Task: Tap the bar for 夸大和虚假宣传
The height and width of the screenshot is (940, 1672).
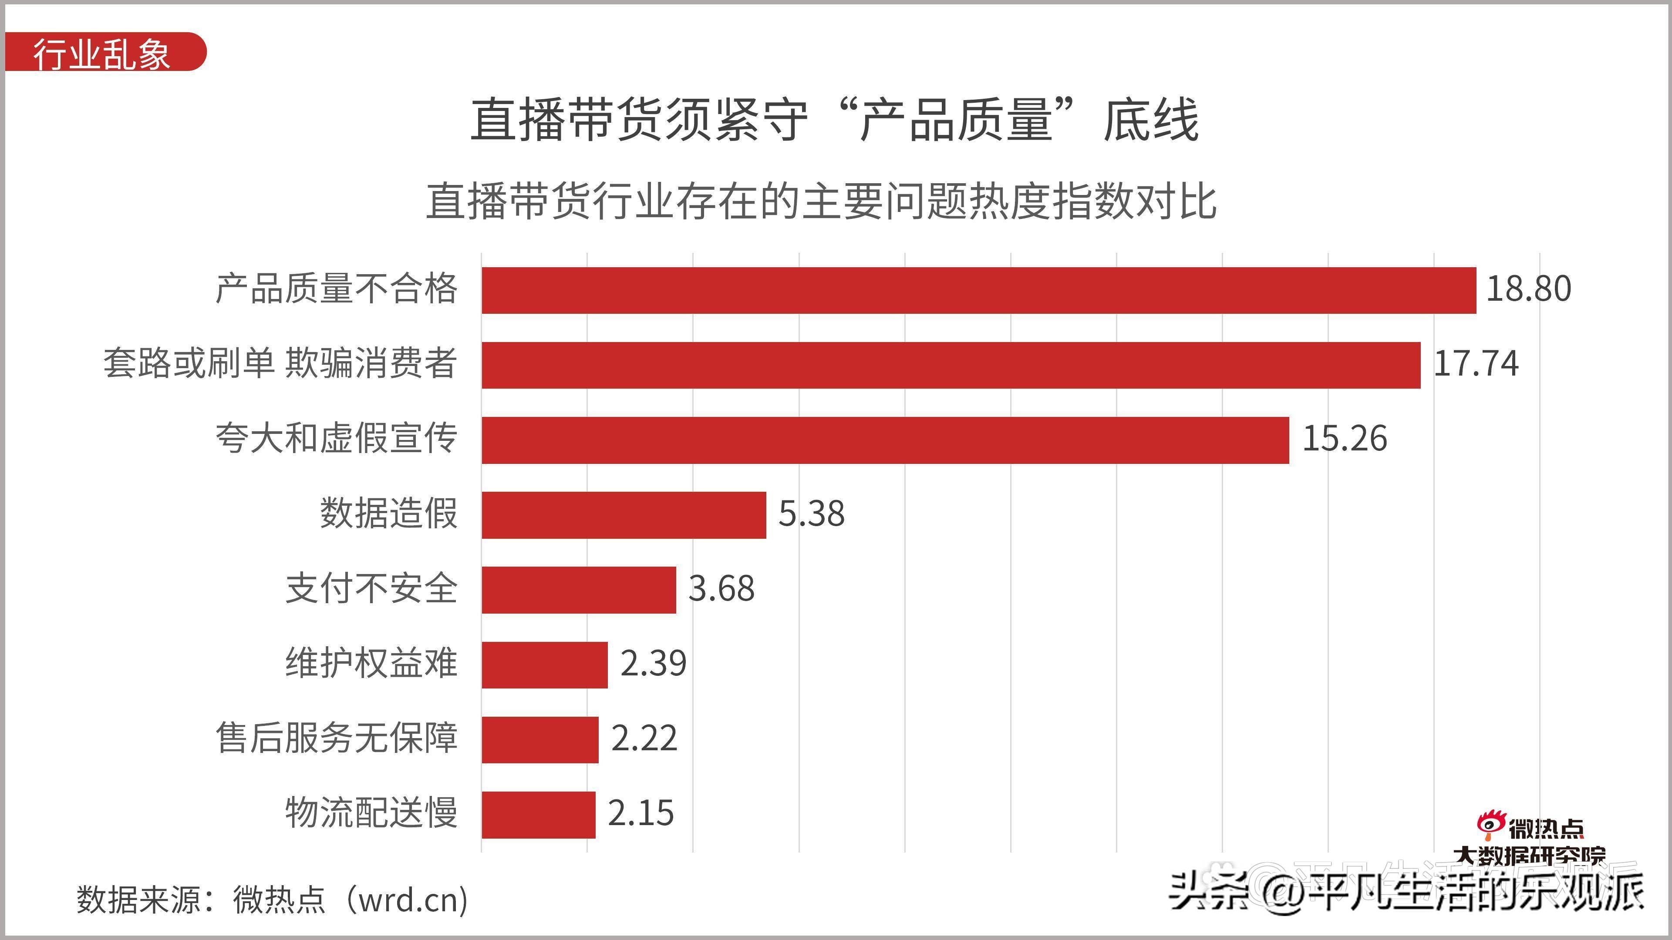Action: pos(885,440)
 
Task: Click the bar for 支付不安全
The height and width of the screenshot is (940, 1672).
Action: pos(578,590)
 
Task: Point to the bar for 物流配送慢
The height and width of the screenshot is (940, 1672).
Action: pos(538,815)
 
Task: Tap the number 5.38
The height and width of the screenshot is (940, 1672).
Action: pos(811,514)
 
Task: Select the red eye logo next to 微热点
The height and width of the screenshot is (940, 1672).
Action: pos(1490,824)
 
